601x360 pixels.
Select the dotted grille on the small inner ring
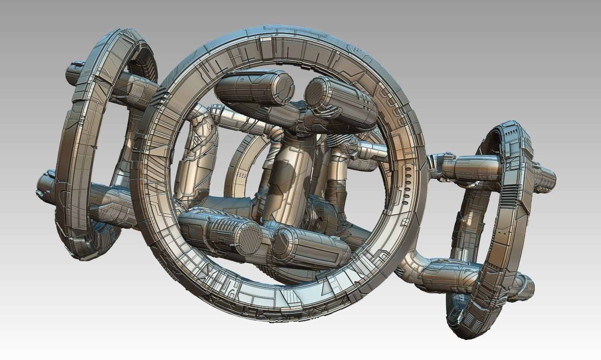[241, 176]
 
